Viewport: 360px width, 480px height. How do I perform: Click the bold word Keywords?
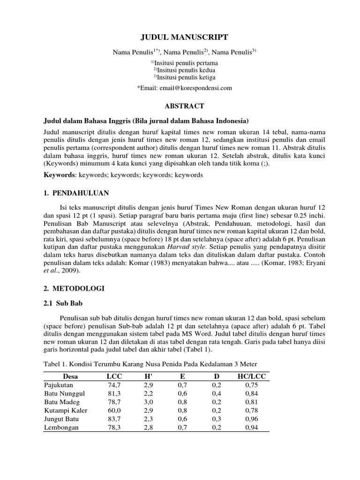click(x=59, y=174)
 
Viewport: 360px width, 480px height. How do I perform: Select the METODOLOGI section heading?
click(x=77, y=289)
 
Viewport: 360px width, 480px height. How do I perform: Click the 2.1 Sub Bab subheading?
click(x=63, y=304)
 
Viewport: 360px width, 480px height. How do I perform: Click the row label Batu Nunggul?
click(x=64, y=393)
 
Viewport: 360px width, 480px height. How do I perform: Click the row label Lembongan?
click(x=61, y=427)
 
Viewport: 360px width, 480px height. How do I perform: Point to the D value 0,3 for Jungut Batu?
click(x=217, y=419)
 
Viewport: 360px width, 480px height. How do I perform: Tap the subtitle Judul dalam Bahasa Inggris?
click(x=145, y=120)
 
